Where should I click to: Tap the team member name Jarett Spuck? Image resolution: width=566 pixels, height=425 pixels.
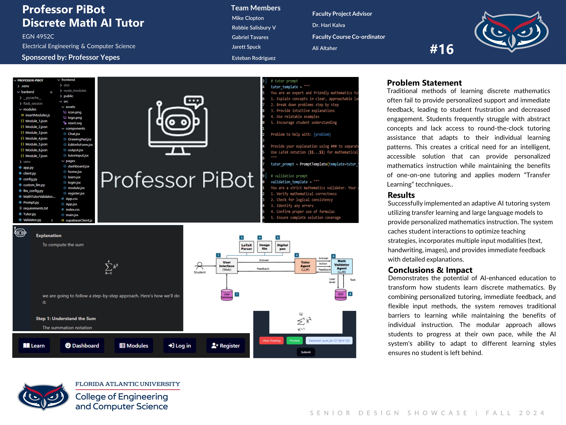click(246, 47)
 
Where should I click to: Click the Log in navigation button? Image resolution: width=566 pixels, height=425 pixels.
click(180, 346)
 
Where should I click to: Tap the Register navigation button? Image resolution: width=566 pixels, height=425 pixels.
click(225, 346)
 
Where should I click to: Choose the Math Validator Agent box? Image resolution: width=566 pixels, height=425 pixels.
click(342, 266)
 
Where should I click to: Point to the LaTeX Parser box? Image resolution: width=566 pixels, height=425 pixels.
click(246, 247)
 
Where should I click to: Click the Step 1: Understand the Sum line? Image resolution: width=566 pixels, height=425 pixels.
click(66, 318)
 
